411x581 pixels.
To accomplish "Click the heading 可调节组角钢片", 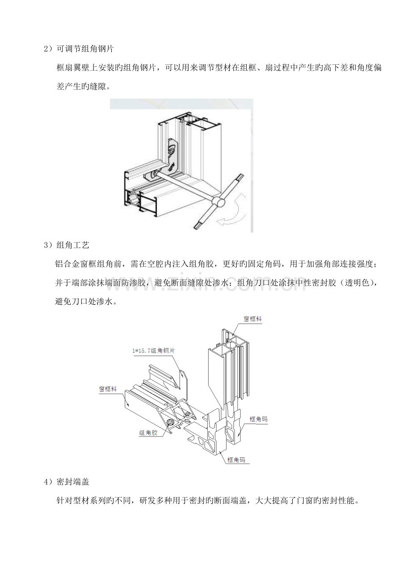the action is click(x=85, y=49).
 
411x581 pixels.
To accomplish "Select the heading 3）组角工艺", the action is click(x=67, y=245).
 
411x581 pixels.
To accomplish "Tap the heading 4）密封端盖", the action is click(x=67, y=482).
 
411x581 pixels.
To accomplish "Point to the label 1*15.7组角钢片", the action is click(x=154, y=351).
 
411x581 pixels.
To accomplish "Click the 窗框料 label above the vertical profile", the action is click(x=252, y=319).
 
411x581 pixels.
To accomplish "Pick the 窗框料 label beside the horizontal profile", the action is click(x=108, y=389).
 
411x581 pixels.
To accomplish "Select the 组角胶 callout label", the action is click(x=148, y=432).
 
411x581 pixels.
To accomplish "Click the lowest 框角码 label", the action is click(x=236, y=460).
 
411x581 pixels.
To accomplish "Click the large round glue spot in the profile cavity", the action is click(x=171, y=422).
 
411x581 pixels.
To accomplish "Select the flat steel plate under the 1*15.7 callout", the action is click(x=183, y=379).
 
